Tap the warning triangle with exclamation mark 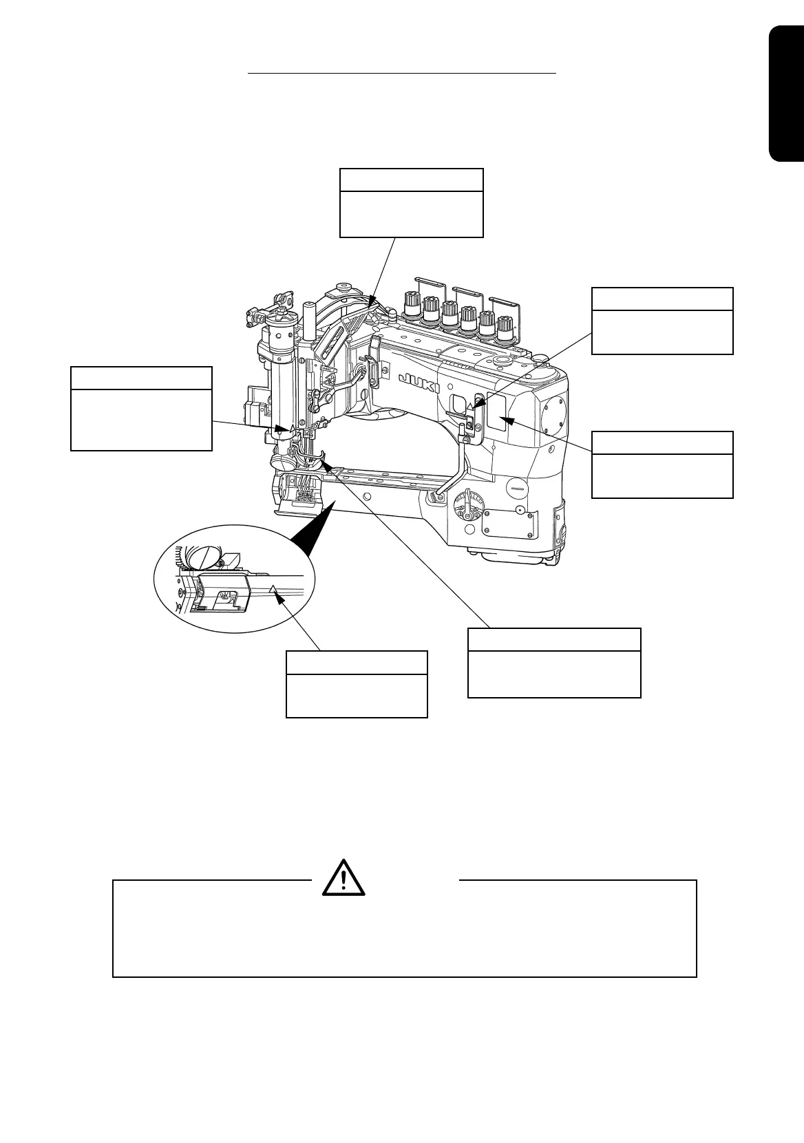pyautogui.click(x=343, y=877)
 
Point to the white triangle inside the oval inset pyautogui.click(x=273, y=589)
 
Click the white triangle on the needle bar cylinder pyautogui.click(x=293, y=427)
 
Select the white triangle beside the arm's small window pyautogui.click(x=471, y=409)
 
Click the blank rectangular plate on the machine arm pyautogui.click(x=496, y=411)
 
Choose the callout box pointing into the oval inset pyautogui.click(x=357, y=684)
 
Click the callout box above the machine pyautogui.click(x=412, y=202)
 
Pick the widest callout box pyautogui.click(x=554, y=663)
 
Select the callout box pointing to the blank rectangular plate pyautogui.click(x=662, y=464)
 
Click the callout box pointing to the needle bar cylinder pyautogui.click(x=141, y=409)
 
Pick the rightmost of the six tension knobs pyautogui.click(x=505, y=325)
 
